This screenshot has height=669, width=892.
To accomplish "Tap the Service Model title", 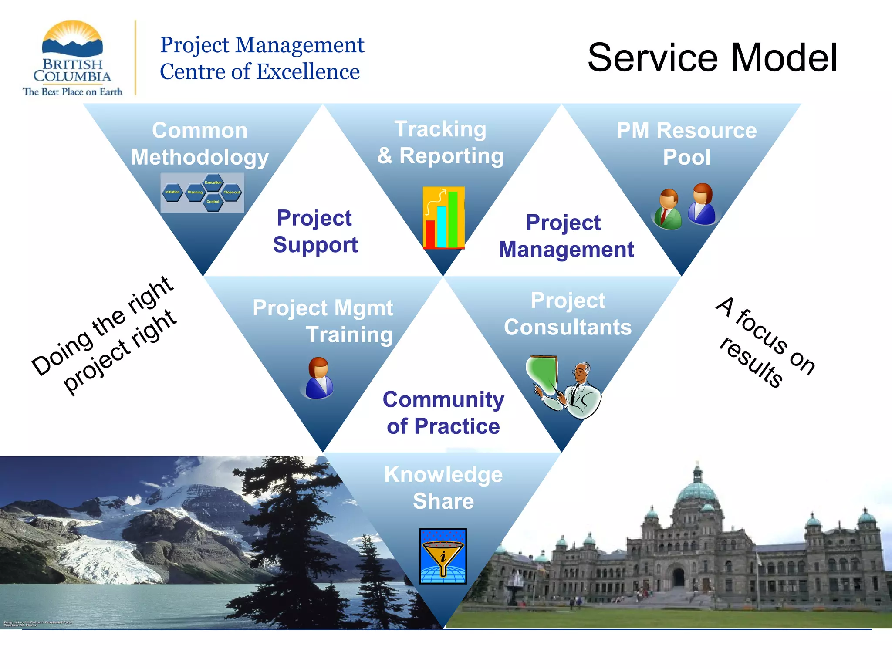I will tap(712, 57).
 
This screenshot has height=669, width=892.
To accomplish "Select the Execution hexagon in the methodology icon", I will tap(213, 182).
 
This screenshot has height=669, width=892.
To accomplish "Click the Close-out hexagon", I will tap(231, 192).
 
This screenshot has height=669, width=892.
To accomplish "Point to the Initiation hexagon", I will tap(172, 192).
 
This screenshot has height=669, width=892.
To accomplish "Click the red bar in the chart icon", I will tap(430, 234).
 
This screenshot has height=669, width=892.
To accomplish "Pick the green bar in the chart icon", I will tap(453, 219).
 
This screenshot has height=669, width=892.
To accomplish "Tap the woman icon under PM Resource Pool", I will tap(702, 204).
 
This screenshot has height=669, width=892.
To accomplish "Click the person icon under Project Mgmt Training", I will tap(319, 378).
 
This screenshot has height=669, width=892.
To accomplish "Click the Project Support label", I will tap(315, 231).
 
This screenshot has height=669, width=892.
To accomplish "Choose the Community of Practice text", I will tap(443, 412).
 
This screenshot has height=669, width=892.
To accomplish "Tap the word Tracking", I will tap(440, 129).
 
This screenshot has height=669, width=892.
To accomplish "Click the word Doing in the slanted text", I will tap(62, 352).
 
